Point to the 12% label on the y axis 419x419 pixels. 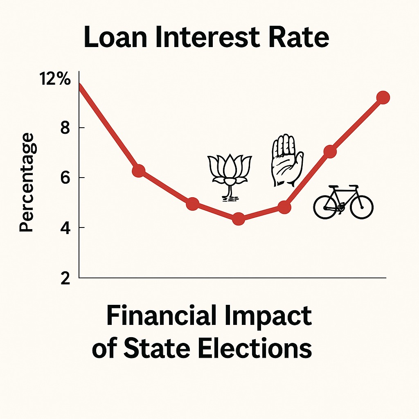(x=55, y=79)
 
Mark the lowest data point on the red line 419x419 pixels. (x=239, y=219)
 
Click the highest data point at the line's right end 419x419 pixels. (x=383, y=97)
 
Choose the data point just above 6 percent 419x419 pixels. (x=139, y=171)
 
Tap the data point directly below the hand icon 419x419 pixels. (x=284, y=207)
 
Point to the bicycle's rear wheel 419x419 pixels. (x=325, y=207)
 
